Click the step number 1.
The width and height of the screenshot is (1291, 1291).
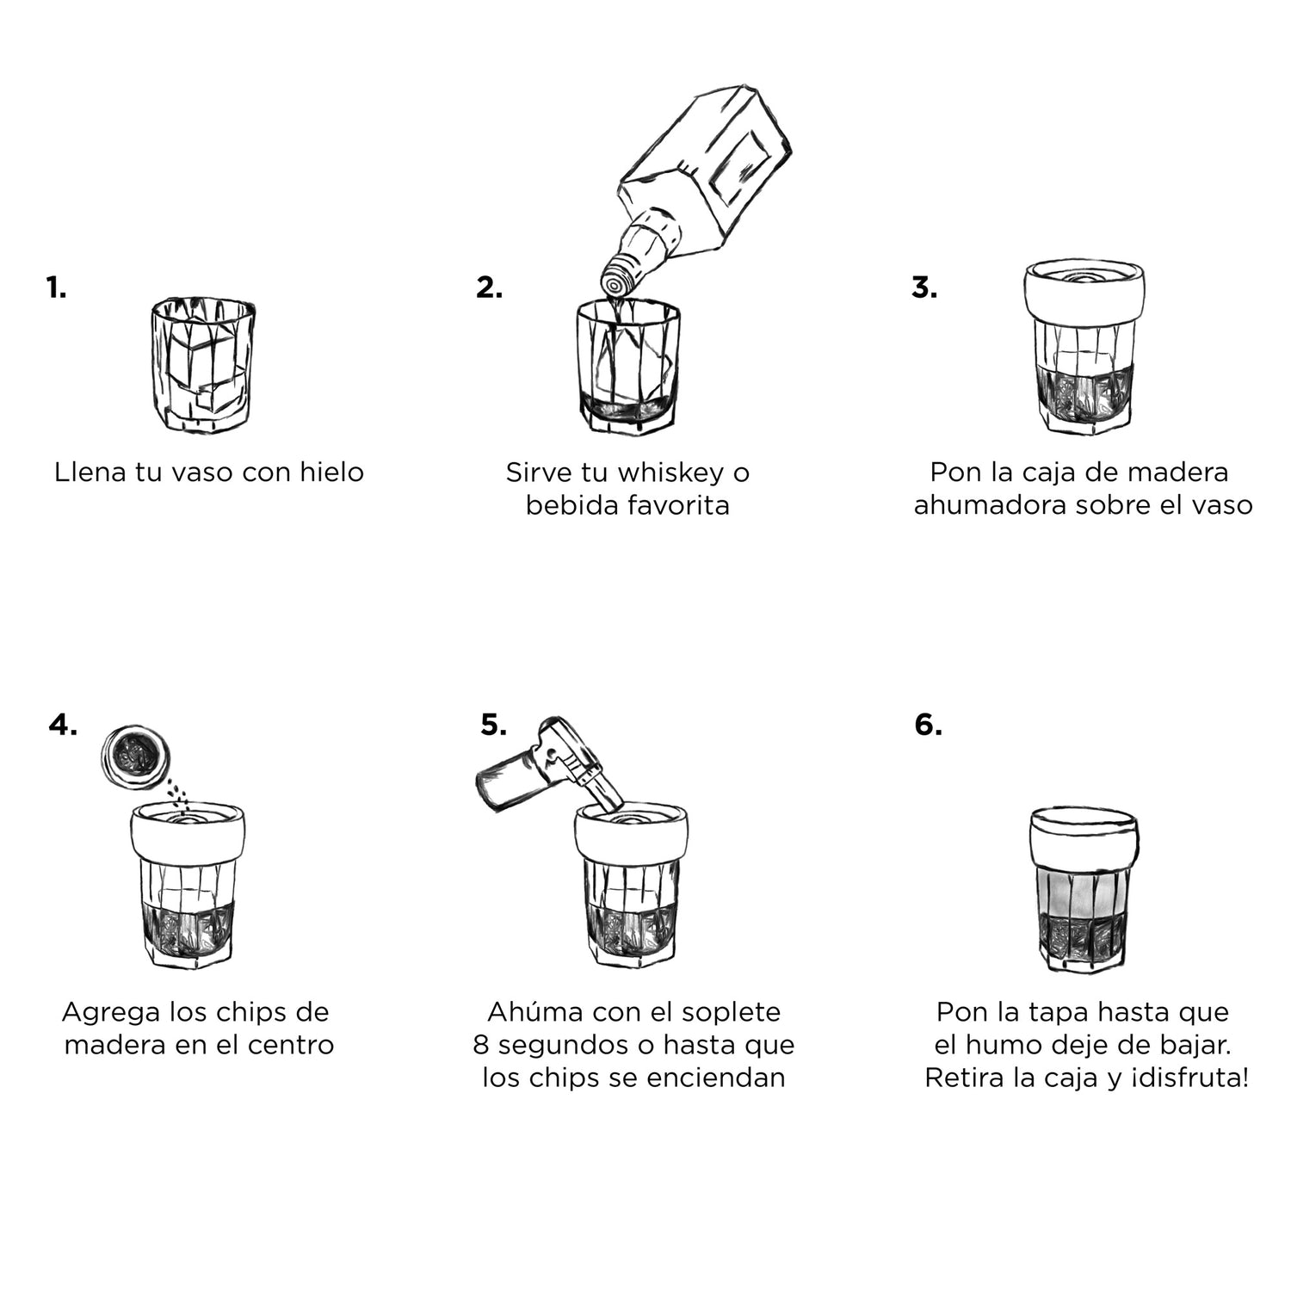(x=56, y=287)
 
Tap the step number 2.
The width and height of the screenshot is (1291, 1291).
(x=489, y=287)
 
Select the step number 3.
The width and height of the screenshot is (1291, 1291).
(x=924, y=287)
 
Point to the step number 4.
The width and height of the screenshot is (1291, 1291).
(x=63, y=725)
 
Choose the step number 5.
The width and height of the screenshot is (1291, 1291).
(x=494, y=725)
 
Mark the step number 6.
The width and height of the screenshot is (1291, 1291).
(x=928, y=725)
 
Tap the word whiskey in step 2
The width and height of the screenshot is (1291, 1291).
(x=671, y=473)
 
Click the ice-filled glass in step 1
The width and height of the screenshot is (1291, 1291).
(x=203, y=366)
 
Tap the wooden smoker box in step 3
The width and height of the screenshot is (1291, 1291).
(x=1084, y=293)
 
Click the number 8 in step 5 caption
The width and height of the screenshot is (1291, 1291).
(x=480, y=1045)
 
